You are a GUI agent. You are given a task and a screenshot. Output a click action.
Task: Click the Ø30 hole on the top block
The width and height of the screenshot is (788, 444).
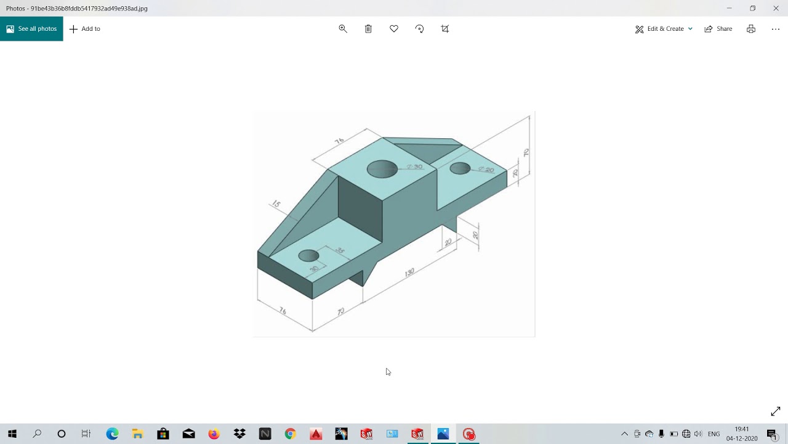click(382, 169)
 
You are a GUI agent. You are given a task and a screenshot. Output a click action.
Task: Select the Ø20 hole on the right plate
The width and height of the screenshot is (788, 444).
click(460, 168)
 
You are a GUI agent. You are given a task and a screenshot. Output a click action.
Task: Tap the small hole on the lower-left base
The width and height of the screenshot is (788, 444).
click(308, 255)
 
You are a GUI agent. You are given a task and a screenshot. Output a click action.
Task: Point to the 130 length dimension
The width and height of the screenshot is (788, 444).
click(409, 272)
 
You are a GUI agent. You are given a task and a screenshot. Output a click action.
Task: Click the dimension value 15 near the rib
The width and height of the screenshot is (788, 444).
click(276, 204)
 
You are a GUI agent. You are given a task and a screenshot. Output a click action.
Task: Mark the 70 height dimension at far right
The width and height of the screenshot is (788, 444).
click(526, 152)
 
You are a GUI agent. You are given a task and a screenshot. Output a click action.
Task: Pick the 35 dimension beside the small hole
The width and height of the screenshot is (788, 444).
click(339, 250)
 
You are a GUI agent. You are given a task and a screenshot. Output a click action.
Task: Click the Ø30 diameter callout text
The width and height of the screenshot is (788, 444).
click(414, 167)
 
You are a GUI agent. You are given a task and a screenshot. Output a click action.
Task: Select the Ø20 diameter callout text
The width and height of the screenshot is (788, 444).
click(486, 170)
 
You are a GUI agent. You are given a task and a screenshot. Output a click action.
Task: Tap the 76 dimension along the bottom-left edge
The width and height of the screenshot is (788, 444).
click(283, 311)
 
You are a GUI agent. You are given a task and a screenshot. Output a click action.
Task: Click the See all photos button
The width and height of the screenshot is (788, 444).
click(31, 29)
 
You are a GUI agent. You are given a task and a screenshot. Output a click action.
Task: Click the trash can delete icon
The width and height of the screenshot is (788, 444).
click(368, 29)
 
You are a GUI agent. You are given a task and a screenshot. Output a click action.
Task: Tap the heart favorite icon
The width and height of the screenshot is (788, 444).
click(394, 29)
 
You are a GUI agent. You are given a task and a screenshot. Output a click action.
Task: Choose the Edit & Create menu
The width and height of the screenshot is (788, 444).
click(664, 29)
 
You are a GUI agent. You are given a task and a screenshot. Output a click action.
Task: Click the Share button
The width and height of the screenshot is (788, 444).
click(718, 29)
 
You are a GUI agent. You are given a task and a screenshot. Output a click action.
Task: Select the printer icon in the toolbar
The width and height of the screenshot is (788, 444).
click(751, 29)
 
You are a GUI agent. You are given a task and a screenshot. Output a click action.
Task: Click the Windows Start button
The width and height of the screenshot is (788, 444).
click(12, 434)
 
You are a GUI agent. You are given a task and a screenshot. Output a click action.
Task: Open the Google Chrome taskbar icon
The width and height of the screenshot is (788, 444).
click(290, 434)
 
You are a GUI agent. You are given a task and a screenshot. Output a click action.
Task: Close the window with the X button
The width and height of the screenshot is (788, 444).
click(776, 8)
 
